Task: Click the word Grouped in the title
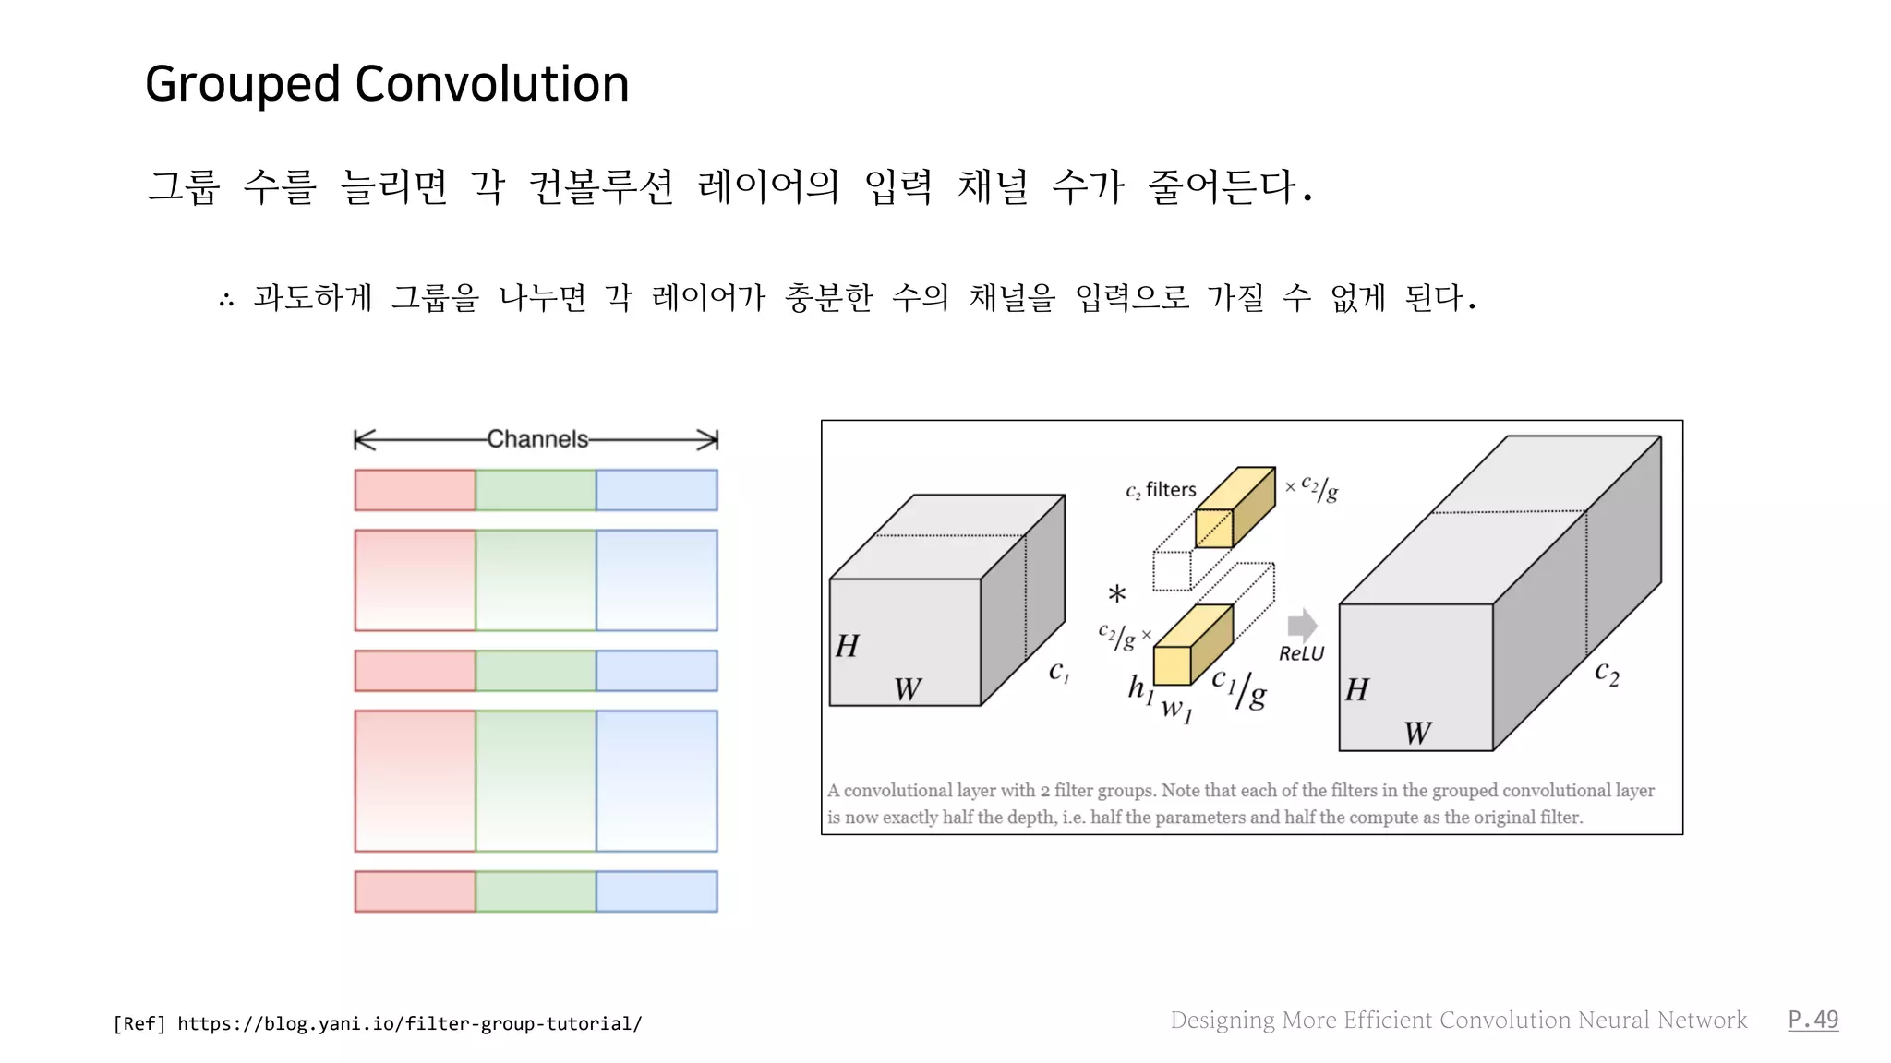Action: click(243, 85)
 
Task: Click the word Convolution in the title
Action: click(491, 84)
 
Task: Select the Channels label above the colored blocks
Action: click(537, 439)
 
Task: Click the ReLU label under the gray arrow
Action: click(1301, 653)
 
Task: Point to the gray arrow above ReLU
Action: click(1302, 625)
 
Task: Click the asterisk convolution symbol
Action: click(1117, 595)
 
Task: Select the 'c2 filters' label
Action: click(1161, 490)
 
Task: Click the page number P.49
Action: click(1813, 1020)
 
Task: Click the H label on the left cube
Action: click(847, 646)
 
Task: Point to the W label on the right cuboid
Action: click(1417, 734)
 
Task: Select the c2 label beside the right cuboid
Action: click(1607, 673)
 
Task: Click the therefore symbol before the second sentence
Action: click(226, 299)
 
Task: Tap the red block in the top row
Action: click(416, 490)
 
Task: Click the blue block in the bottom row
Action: click(656, 891)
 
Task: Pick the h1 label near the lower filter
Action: click(1140, 688)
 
